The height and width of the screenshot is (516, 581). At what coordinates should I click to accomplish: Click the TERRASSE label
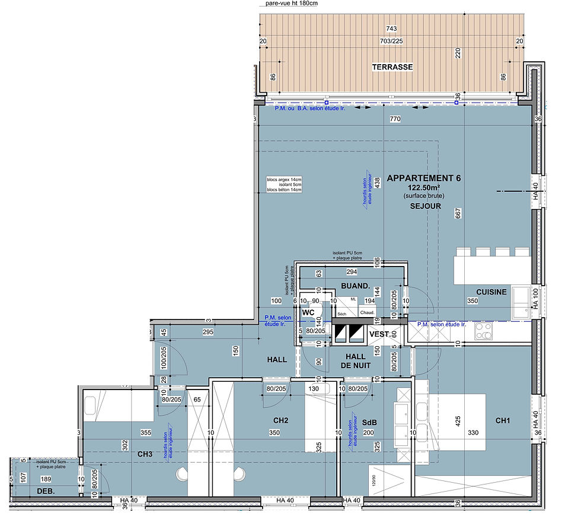pos(392,67)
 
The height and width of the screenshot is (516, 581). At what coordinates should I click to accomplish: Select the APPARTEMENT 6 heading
pos(423,178)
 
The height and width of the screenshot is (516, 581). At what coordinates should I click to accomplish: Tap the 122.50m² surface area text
pos(423,187)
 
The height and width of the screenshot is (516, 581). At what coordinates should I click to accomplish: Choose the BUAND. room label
pos(355,286)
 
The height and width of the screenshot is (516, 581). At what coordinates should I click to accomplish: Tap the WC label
pos(308,312)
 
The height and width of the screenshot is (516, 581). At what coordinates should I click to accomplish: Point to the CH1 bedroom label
pos(503,421)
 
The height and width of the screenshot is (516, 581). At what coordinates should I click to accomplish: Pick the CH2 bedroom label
pos(280,421)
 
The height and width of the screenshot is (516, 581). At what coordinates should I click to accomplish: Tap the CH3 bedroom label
pos(145,455)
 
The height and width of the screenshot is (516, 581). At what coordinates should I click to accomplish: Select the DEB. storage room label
pos(46,491)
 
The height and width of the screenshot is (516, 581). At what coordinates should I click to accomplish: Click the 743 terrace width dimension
pos(391,29)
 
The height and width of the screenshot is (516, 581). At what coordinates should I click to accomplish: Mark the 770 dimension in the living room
pos(395,119)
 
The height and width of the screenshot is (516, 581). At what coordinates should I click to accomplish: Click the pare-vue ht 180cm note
pos(292,4)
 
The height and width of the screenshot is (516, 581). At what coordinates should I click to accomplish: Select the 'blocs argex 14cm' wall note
pos(284,179)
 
